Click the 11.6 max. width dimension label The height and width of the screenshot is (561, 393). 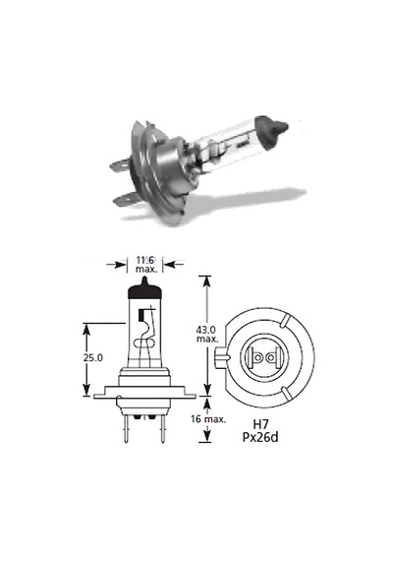pyautogui.click(x=145, y=265)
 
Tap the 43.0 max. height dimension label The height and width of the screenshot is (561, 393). pyautogui.click(x=207, y=334)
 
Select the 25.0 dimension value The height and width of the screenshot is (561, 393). pyautogui.click(x=93, y=357)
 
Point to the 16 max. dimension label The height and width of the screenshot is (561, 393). pyautogui.click(x=208, y=419)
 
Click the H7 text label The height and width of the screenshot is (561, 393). pyautogui.click(x=260, y=424)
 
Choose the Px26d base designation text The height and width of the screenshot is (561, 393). pyautogui.click(x=260, y=437)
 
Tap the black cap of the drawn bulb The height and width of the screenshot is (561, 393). pyautogui.click(x=144, y=289)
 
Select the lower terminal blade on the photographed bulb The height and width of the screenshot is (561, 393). pyautogui.click(x=126, y=199)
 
